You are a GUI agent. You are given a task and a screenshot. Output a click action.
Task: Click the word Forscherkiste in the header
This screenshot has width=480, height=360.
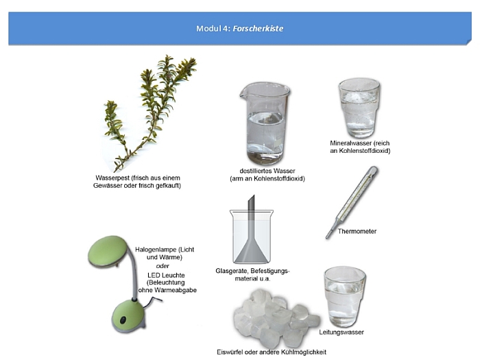[x=258, y=29]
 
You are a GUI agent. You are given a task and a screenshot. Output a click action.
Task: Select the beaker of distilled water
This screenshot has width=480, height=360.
[x=265, y=123]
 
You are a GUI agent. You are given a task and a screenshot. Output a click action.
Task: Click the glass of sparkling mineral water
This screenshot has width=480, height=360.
[x=359, y=108]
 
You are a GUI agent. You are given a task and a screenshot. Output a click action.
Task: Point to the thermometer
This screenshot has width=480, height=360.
[x=352, y=202]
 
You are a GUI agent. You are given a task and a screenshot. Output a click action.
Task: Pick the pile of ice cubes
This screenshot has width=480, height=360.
[x=276, y=318]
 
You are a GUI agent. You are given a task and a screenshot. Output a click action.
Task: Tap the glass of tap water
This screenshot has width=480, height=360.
[x=344, y=297]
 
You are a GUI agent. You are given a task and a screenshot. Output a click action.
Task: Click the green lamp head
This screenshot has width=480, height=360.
[x=108, y=252]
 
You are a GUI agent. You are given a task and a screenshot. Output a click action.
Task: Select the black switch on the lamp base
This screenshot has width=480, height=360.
[x=123, y=320]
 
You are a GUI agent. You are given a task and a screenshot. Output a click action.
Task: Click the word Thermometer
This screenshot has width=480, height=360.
[x=357, y=232]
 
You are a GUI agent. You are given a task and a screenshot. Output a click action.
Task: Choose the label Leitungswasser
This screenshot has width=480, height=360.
[x=341, y=332]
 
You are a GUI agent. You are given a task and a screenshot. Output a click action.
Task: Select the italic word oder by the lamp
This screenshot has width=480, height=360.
[x=163, y=266]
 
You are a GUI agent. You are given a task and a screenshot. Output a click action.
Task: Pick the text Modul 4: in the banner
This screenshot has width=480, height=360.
[x=213, y=29]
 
